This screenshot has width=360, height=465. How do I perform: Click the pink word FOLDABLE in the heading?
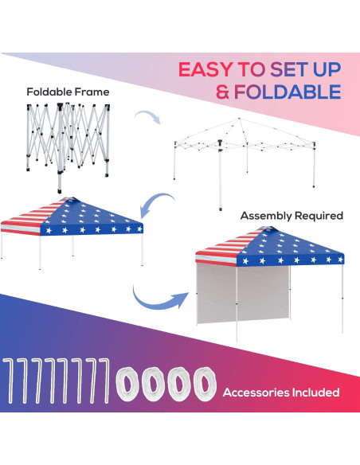pyautogui.click(x=286, y=92)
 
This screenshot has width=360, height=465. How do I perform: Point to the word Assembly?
pyautogui.click(x=268, y=215)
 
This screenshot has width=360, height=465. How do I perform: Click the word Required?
pyautogui.click(x=319, y=215)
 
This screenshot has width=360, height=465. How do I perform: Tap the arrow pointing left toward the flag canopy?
pyautogui.click(x=159, y=203)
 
